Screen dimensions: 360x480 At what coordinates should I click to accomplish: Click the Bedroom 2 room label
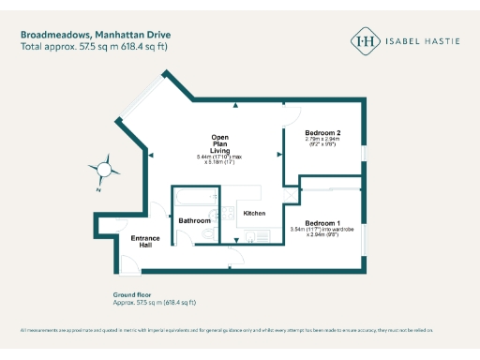(322, 134)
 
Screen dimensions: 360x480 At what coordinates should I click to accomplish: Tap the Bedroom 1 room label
(322, 220)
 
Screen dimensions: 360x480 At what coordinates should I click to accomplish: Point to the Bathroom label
(195, 220)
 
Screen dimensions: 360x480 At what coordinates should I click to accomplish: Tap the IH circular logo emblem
(365, 41)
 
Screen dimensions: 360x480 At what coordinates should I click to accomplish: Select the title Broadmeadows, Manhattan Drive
(87, 35)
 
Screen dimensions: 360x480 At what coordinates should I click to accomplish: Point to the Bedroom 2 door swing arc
(290, 114)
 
